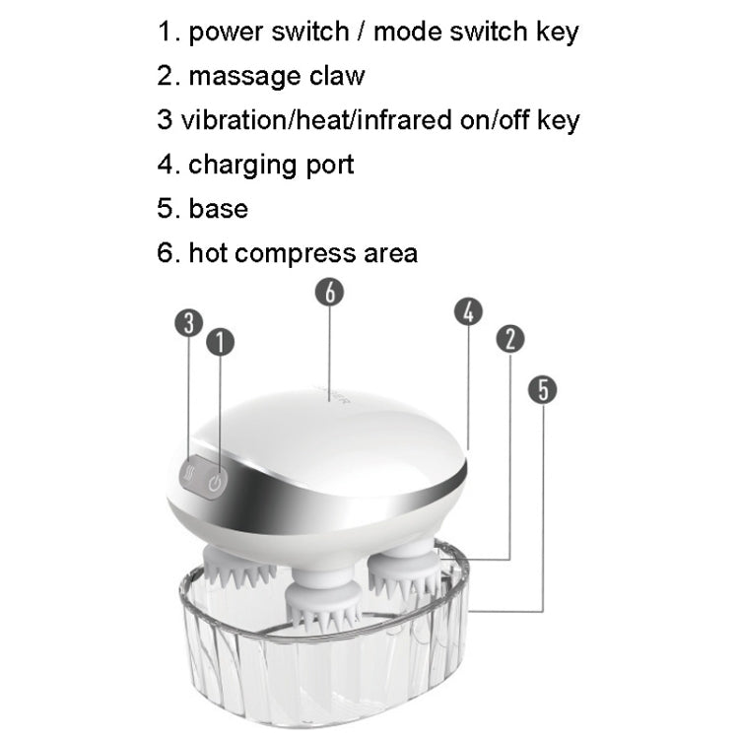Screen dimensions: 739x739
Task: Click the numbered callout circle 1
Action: pyautogui.click(x=220, y=342)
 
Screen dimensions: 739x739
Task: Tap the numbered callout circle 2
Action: pyautogui.click(x=509, y=339)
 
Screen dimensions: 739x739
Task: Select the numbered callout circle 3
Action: pyautogui.click(x=189, y=323)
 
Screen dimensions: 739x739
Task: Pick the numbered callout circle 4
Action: pyautogui.click(x=469, y=311)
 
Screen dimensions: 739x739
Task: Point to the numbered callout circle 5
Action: pyautogui.click(x=542, y=389)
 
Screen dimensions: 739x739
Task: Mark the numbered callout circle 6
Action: pyautogui.click(x=329, y=293)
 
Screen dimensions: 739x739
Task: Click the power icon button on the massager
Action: pyautogui.click(x=218, y=482)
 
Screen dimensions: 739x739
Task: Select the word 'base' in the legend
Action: pyautogui.click(x=218, y=208)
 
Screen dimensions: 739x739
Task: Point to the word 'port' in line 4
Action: pyautogui.click(x=325, y=164)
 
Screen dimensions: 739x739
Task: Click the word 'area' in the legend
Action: pyautogui.click(x=387, y=253)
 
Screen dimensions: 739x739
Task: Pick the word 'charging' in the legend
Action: pyautogui.click(x=233, y=164)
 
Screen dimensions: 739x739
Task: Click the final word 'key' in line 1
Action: pyautogui.click(x=556, y=32)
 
